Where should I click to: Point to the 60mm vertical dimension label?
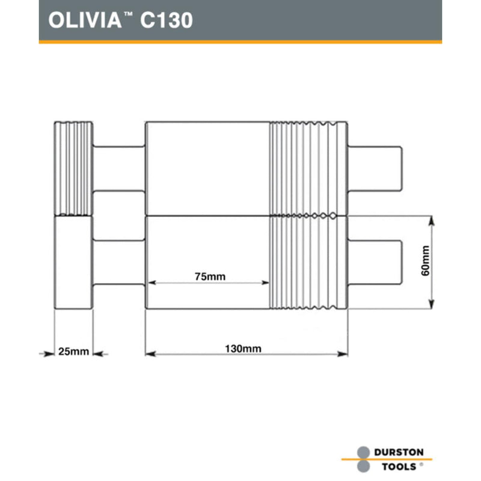click(426, 261)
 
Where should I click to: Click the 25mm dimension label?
click(73, 351)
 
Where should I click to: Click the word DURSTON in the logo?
click(399, 452)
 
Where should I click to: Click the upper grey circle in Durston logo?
click(363, 452)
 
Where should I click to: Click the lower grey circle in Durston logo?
click(363, 467)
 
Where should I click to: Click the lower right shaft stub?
click(376, 262)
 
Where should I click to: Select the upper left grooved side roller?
click(73, 168)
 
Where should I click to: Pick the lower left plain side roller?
click(73, 262)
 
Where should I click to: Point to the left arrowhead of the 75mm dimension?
click(150, 282)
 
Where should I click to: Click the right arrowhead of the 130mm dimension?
click(343, 354)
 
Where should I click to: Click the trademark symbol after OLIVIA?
click(128, 14)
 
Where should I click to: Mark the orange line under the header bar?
click(240, 42)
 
